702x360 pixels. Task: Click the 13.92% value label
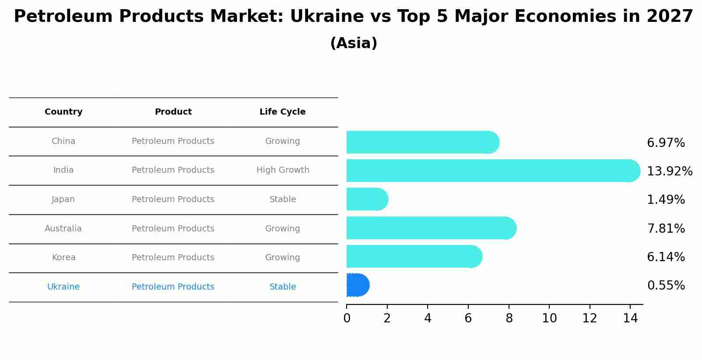(x=669, y=171)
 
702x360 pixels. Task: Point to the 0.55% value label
(x=666, y=286)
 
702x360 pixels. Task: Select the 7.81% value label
(x=666, y=229)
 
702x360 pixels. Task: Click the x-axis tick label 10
(x=549, y=319)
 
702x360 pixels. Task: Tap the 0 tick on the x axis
(x=347, y=319)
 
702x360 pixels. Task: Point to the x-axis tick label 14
(x=630, y=319)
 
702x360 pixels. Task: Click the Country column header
(x=63, y=112)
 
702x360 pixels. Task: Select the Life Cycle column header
(x=282, y=112)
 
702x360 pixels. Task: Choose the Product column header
(x=173, y=112)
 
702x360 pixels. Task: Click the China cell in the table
(x=63, y=141)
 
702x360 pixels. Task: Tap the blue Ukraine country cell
(x=63, y=287)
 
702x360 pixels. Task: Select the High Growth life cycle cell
(x=283, y=170)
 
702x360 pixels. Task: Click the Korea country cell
(x=63, y=258)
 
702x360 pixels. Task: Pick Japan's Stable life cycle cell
(x=283, y=199)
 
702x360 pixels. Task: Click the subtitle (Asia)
(x=354, y=43)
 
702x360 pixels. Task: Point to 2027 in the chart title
(x=670, y=17)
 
